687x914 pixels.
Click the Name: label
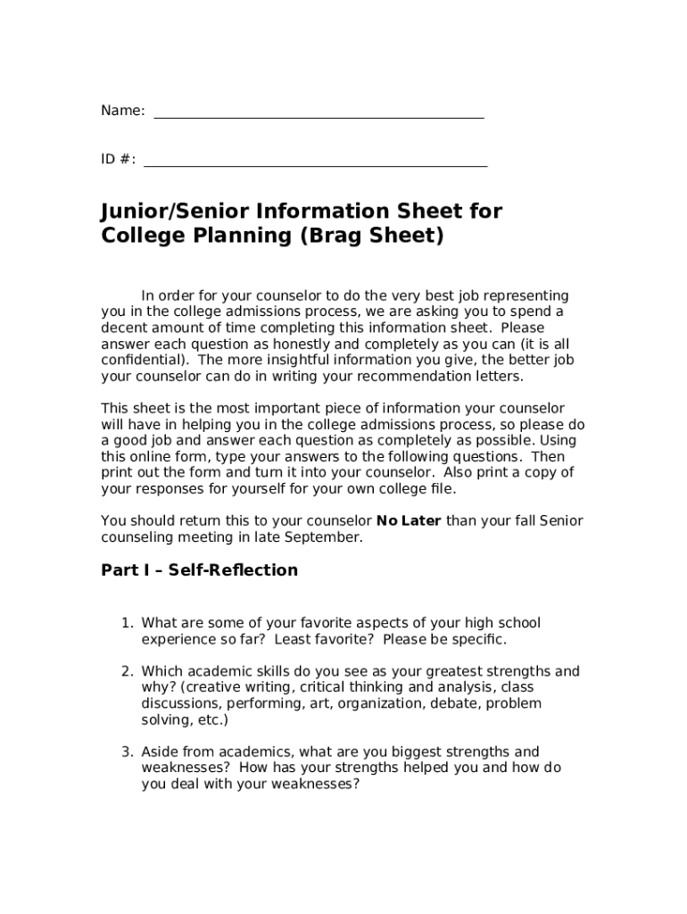[122, 111]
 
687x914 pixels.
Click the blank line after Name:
[319, 116]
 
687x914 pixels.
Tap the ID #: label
[119, 159]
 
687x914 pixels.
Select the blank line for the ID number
[315, 164]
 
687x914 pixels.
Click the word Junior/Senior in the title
[174, 212]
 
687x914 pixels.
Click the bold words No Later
[409, 520]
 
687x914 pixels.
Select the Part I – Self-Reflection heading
[199, 569]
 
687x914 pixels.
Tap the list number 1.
[128, 623]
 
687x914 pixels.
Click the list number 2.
[128, 671]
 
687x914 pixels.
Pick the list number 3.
[128, 752]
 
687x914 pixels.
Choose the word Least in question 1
[292, 639]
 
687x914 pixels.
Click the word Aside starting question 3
[161, 752]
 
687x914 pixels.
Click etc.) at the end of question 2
[211, 719]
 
